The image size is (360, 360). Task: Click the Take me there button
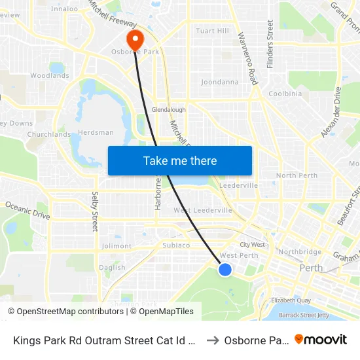pyautogui.click(x=180, y=160)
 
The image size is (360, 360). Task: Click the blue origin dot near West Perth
pyautogui.click(x=225, y=270)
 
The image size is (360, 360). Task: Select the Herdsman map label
pyautogui.click(x=96, y=132)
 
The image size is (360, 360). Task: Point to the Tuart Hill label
pyautogui.click(x=213, y=31)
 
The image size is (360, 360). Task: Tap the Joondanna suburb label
pyautogui.click(x=219, y=82)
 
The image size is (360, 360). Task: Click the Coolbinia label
pyautogui.click(x=285, y=94)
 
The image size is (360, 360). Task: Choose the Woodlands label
pyautogui.click(x=50, y=75)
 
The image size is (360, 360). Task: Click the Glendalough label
pyautogui.click(x=168, y=110)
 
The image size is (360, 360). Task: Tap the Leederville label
pyautogui.click(x=239, y=186)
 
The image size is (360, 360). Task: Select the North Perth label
pyautogui.click(x=297, y=175)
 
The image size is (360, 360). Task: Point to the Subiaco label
pyautogui.click(x=176, y=245)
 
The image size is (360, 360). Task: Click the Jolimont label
pyautogui.click(x=117, y=246)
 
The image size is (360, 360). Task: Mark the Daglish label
pyautogui.click(x=113, y=267)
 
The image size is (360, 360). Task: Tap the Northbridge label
pyautogui.click(x=300, y=251)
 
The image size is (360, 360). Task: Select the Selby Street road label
pyautogui.click(x=95, y=211)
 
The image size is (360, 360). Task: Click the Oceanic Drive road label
pyautogui.click(x=27, y=210)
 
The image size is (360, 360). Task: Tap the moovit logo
pyautogui.click(x=321, y=340)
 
